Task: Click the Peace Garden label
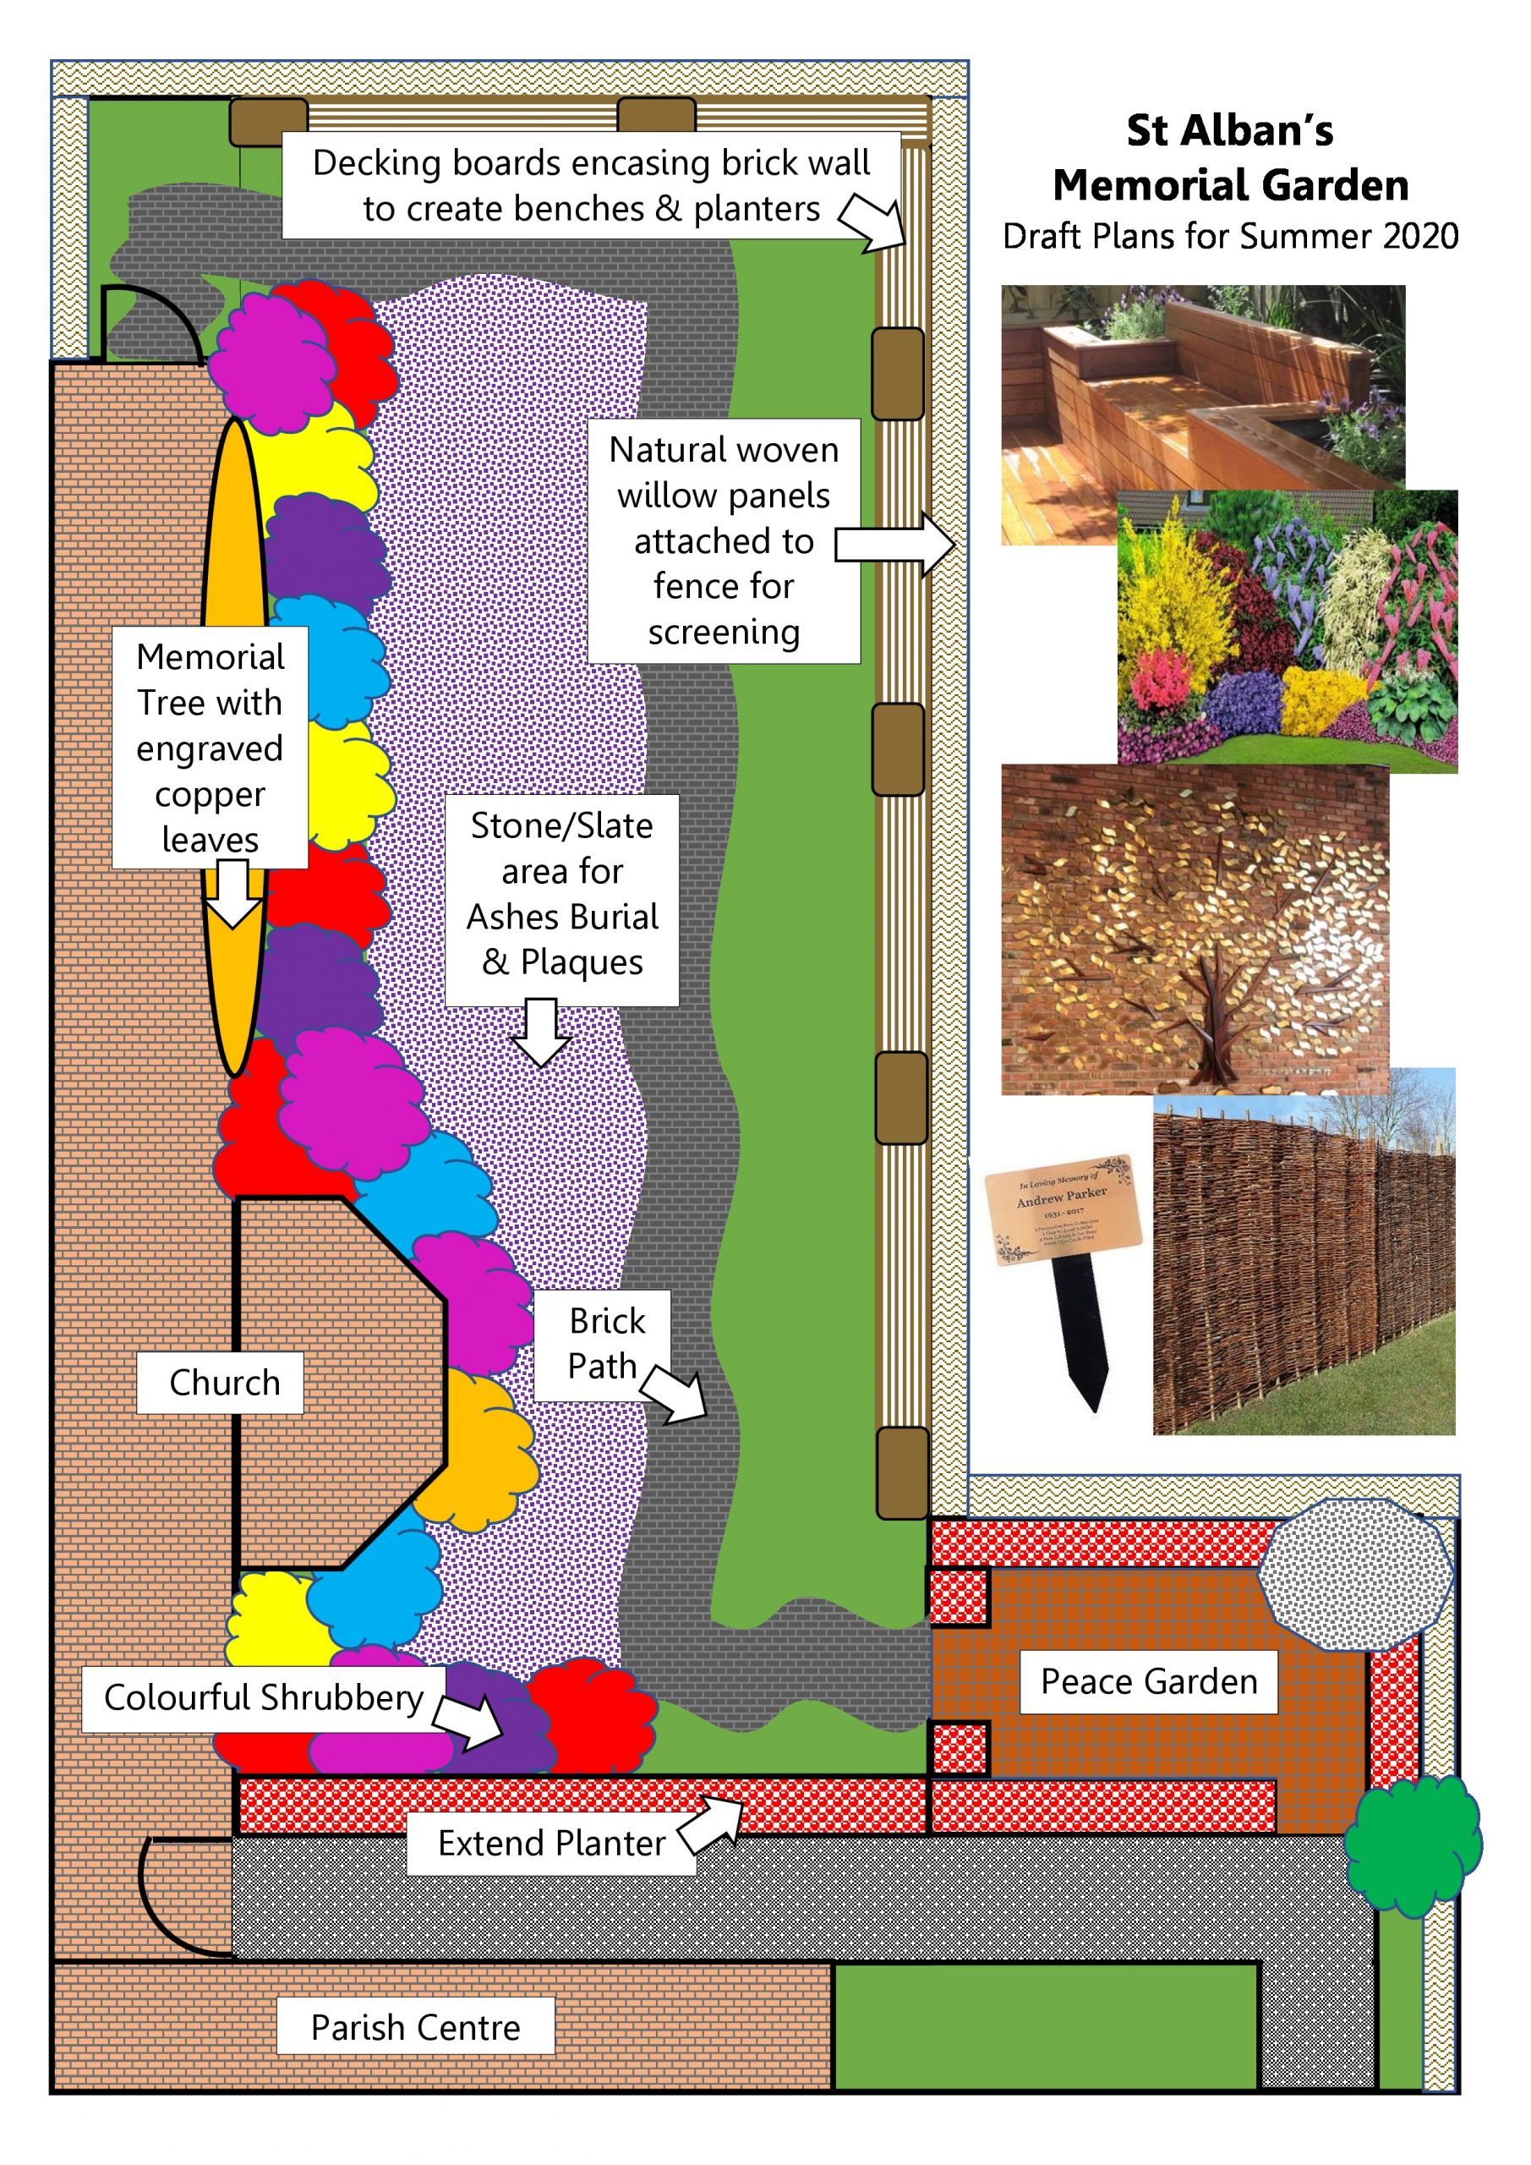click(x=1147, y=1681)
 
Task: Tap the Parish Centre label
click(x=415, y=2026)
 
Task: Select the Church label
click(x=223, y=1383)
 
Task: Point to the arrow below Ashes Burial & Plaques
click(x=540, y=1032)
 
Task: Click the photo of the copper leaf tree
click(x=1195, y=929)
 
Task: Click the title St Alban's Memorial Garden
click(x=1229, y=157)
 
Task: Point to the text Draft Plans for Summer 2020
click(x=1229, y=236)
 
